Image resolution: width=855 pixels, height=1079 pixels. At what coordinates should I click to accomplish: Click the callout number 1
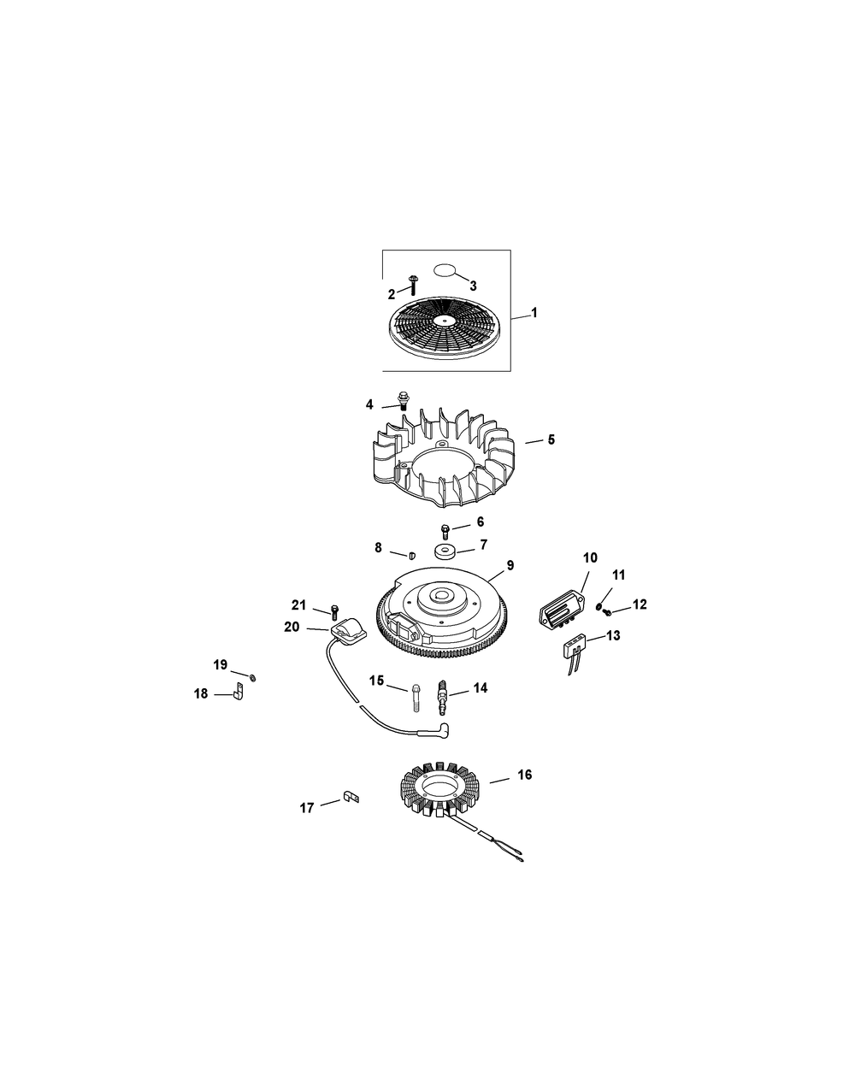click(x=534, y=313)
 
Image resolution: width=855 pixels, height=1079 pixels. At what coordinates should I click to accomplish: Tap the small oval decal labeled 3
click(x=445, y=270)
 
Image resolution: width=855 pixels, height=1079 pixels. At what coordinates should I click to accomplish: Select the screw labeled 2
click(x=413, y=285)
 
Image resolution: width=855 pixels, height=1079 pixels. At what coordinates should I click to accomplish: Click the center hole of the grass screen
click(x=445, y=319)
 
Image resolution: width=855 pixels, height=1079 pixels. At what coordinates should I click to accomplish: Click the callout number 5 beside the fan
click(x=551, y=439)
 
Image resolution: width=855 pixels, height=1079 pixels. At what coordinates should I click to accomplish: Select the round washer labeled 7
click(x=445, y=553)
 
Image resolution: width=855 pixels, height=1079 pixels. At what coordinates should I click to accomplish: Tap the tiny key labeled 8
click(x=412, y=556)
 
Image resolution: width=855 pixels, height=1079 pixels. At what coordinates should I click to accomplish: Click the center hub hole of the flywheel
click(x=442, y=595)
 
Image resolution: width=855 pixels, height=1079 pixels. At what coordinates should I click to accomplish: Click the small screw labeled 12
click(x=608, y=612)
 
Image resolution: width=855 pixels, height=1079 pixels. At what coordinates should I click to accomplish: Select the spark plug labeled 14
click(x=443, y=693)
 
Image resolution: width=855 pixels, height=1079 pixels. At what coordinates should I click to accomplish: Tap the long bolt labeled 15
click(x=416, y=698)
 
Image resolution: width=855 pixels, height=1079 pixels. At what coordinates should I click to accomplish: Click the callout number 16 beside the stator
click(x=524, y=775)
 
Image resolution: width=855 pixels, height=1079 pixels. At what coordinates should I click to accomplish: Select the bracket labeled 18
click(x=239, y=692)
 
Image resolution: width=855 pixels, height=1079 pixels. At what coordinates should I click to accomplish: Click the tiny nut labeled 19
click(x=253, y=678)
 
